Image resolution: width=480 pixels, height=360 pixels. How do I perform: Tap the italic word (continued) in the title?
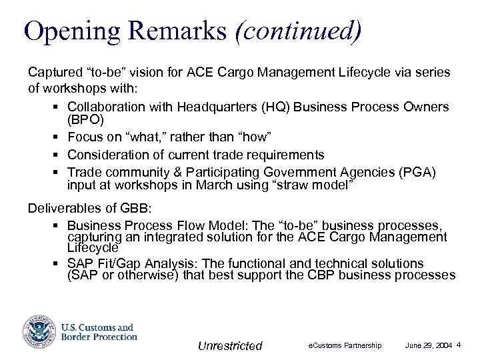(x=299, y=31)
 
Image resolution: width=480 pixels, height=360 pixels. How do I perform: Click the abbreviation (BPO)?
(x=85, y=121)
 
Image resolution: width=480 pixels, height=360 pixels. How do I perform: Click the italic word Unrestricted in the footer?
(x=230, y=345)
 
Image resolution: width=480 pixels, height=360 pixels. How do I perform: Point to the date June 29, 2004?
(x=429, y=345)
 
